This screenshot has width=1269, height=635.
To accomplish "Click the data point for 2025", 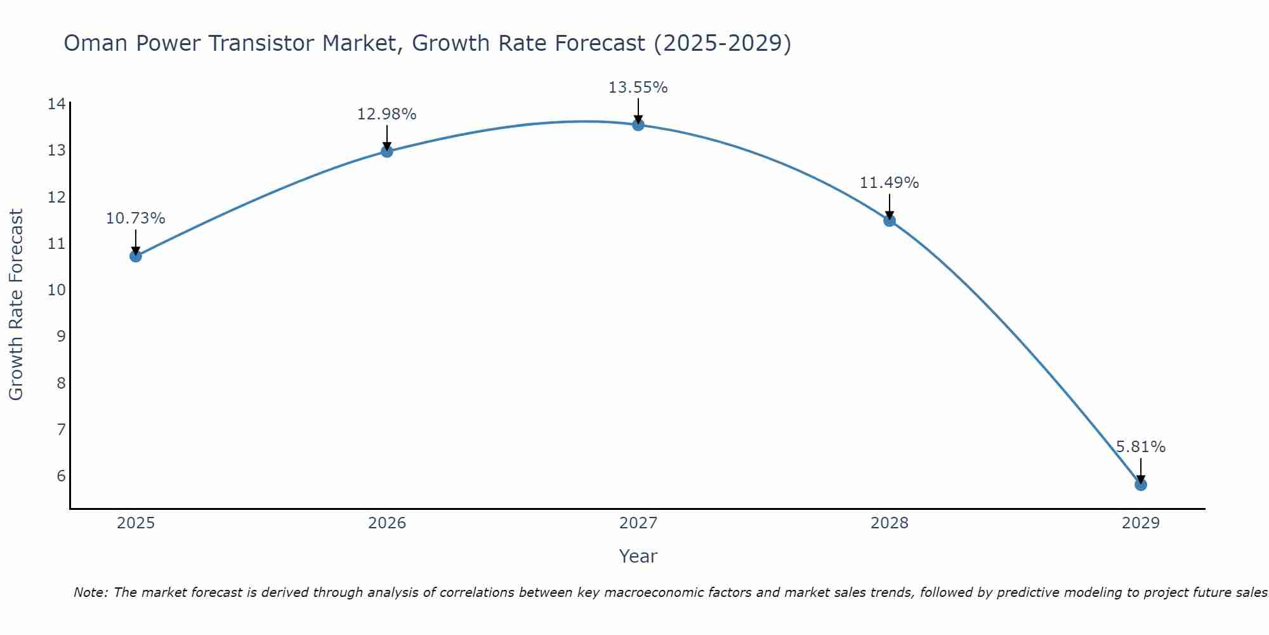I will pyautogui.click(x=135, y=256).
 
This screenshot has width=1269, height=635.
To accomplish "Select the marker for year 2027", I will pyautogui.click(x=638, y=125).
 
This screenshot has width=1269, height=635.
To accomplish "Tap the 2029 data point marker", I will pyautogui.click(x=1140, y=485).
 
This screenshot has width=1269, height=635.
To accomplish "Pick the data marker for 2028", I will pyautogui.click(x=889, y=220).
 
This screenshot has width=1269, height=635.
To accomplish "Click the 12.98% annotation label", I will pyautogui.click(x=386, y=114).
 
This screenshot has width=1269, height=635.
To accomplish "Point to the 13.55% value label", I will pyautogui.click(x=638, y=88).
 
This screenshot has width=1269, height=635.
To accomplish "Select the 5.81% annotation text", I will pyautogui.click(x=1140, y=447).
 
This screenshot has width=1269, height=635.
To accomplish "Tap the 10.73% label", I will pyautogui.click(x=135, y=218).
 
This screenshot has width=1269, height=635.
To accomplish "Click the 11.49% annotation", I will pyautogui.click(x=889, y=183).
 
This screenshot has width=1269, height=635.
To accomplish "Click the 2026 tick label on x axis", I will pyautogui.click(x=387, y=523).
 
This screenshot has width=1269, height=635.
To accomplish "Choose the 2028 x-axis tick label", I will pyautogui.click(x=889, y=523).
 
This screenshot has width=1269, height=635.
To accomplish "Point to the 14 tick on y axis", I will pyautogui.click(x=56, y=104).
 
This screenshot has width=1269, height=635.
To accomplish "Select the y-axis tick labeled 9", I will pyautogui.click(x=61, y=337).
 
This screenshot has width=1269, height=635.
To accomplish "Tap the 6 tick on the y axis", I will pyautogui.click(x=61, y=476).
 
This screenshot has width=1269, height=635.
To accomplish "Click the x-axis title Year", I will pyautogui.click(x=638, y=556).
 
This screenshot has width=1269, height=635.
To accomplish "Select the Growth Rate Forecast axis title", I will pyautogui.click(x=16, y=304).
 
